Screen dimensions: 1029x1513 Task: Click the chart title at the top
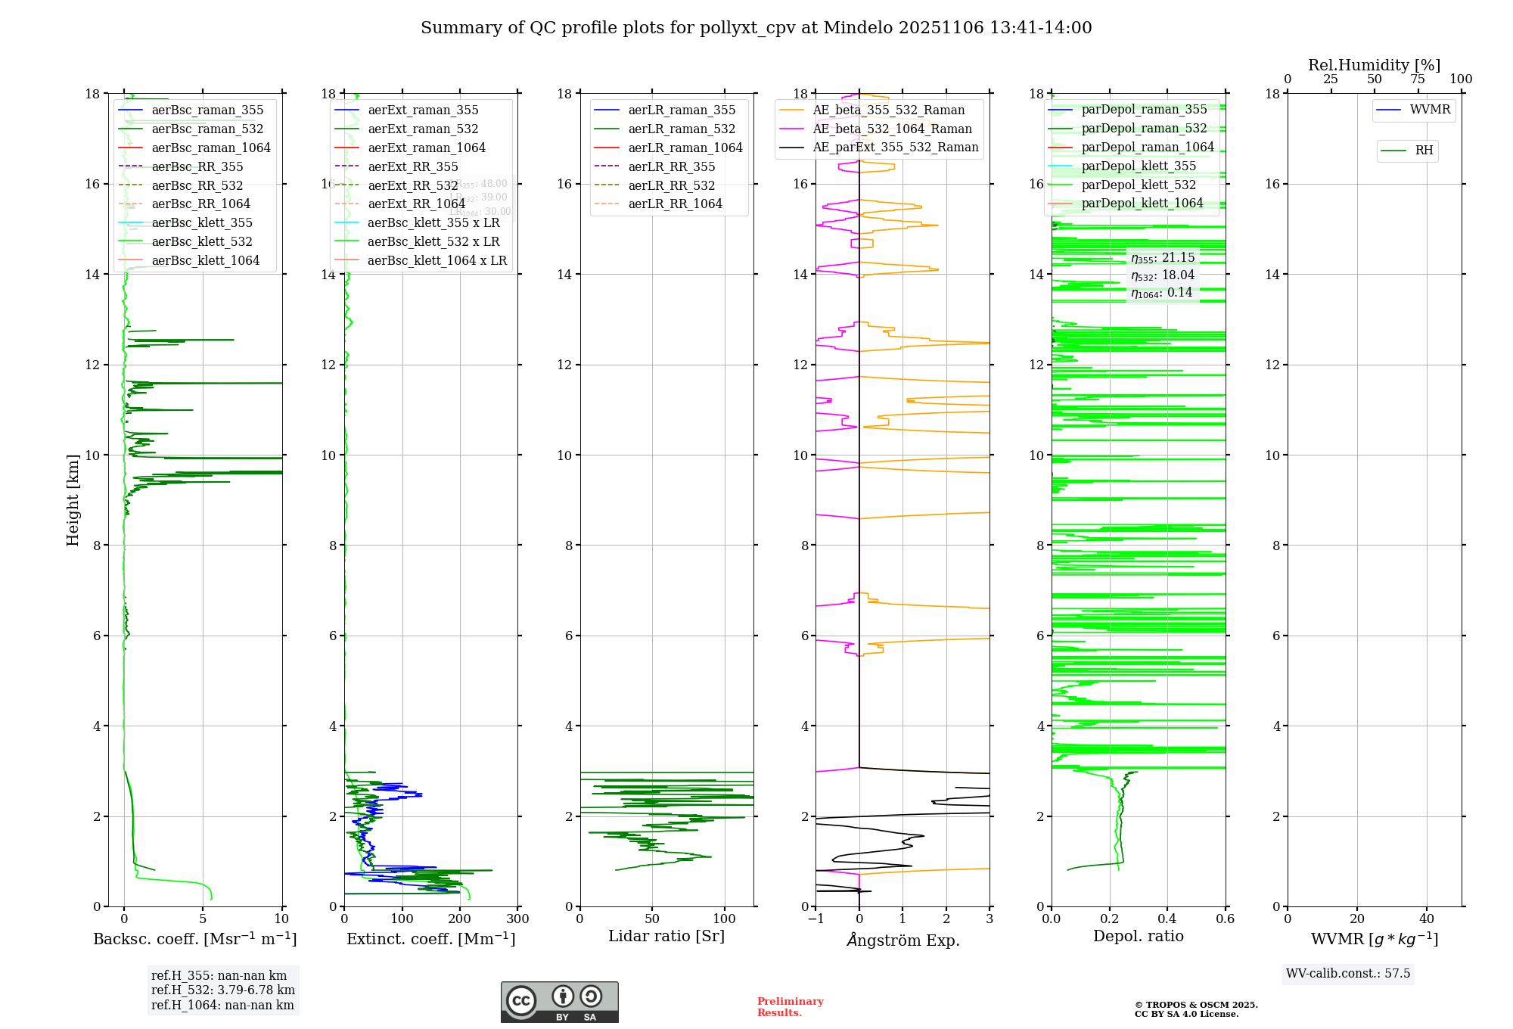(756, 28)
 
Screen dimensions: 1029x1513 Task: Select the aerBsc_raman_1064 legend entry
(210, 148)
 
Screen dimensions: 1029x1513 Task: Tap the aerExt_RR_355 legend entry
(412, 166)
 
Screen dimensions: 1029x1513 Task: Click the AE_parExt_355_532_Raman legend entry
(895, 147)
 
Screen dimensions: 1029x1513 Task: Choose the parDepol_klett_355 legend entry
(1139, 166)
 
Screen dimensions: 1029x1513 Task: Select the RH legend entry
(1424, 151)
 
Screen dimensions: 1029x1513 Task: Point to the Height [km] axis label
(73, 500)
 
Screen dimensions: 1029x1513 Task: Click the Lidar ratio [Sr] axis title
(666, 936)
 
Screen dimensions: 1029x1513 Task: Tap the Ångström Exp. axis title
(903, 940)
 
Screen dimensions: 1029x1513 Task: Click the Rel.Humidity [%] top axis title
(1374, 65)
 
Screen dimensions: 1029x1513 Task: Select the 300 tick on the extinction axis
(518, 919)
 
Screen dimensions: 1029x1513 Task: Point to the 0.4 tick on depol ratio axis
(1167, 919)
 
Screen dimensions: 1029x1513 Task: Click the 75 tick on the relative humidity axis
(1418, 79)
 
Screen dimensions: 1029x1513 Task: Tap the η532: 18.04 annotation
(1163, 275)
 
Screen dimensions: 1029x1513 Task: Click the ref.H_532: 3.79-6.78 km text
(222, 990)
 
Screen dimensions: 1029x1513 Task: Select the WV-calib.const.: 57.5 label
(1348, 973)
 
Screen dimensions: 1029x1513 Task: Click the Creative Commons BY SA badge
(559, 1002)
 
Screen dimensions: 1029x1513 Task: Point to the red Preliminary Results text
(790, 1006)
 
